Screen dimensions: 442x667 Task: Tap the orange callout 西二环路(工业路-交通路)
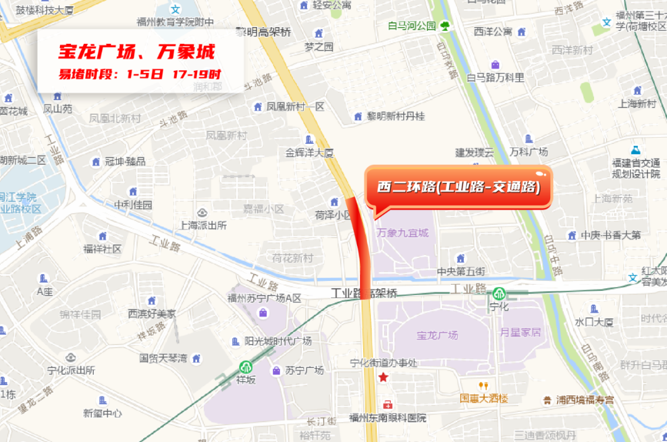459,187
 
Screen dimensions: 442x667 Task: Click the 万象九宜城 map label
402,233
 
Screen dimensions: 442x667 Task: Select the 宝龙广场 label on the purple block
437,335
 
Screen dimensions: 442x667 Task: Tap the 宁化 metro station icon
498,293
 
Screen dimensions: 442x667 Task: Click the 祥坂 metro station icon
246,367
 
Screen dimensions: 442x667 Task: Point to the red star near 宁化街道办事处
384,377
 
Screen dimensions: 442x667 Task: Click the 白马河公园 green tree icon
445,26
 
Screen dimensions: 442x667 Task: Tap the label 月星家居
521,332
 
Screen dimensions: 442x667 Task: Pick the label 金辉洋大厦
309,152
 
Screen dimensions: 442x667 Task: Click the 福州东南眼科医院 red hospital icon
387,405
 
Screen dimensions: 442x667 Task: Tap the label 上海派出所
204,225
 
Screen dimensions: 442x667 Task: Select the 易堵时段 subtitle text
139,74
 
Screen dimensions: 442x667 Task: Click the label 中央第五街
461,271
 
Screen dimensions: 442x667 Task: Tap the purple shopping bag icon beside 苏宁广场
276,370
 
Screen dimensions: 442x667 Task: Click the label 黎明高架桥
264,32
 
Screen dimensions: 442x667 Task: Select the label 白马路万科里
495,77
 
